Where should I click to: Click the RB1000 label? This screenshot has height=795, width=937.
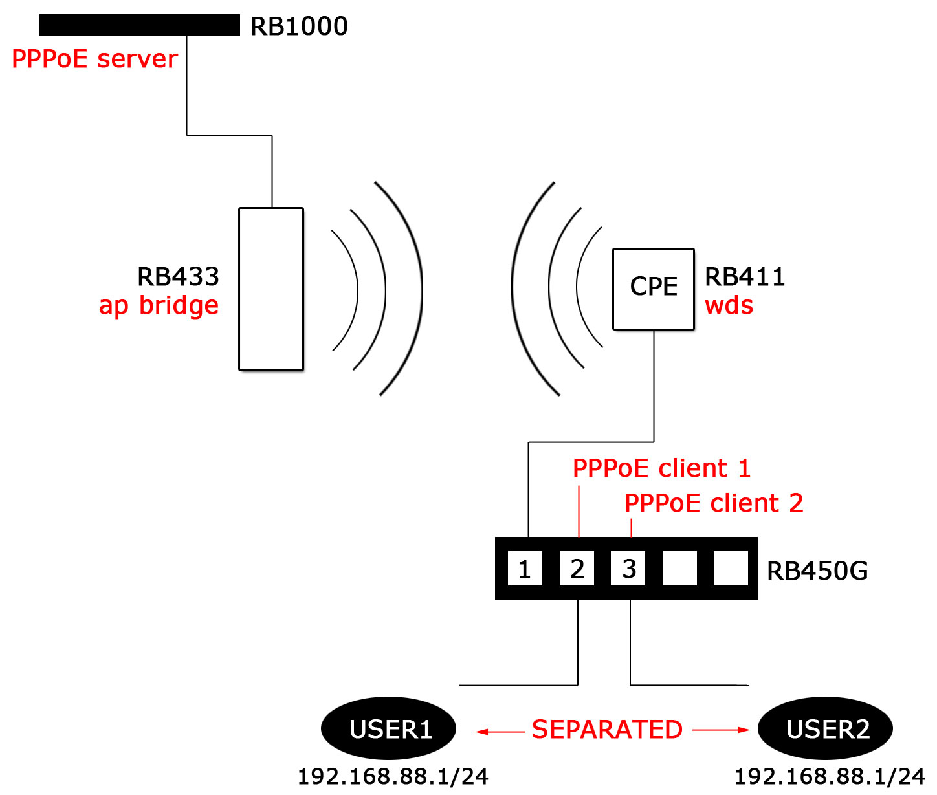tap(299, 27)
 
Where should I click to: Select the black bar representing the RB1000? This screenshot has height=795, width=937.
tap(139, 25)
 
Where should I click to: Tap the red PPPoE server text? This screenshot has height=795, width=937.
tap(94, 59)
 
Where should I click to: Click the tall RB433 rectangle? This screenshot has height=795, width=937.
tap(271, 289)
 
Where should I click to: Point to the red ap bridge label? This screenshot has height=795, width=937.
tap(159, 305)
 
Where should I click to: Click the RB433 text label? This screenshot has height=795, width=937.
tap(178, 277)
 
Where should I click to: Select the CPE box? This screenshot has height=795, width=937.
tap(654, 289)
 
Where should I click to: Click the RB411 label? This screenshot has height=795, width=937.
tap(745, 277)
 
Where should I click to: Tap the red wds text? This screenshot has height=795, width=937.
tap(729, 305)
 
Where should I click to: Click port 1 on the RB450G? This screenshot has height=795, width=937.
tap(525, 569)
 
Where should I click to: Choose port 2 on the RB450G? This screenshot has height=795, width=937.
tap(577, 569)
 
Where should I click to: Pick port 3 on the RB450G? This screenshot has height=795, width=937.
tap(628, 569)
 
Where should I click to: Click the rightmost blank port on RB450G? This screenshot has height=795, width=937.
tap(731, 569)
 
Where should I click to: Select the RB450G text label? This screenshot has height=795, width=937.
tap(817, 571)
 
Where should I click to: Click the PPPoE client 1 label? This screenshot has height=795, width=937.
tap(661, 468)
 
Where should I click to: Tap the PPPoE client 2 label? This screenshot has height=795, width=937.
tap(713, 503)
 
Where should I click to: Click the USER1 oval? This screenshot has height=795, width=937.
tap(389, 729)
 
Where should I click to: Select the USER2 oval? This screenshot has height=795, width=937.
tap(826, 729)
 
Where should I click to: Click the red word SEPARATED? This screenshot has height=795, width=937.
tap(607, 730)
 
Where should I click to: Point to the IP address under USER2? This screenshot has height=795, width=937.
tap(830, 776)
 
